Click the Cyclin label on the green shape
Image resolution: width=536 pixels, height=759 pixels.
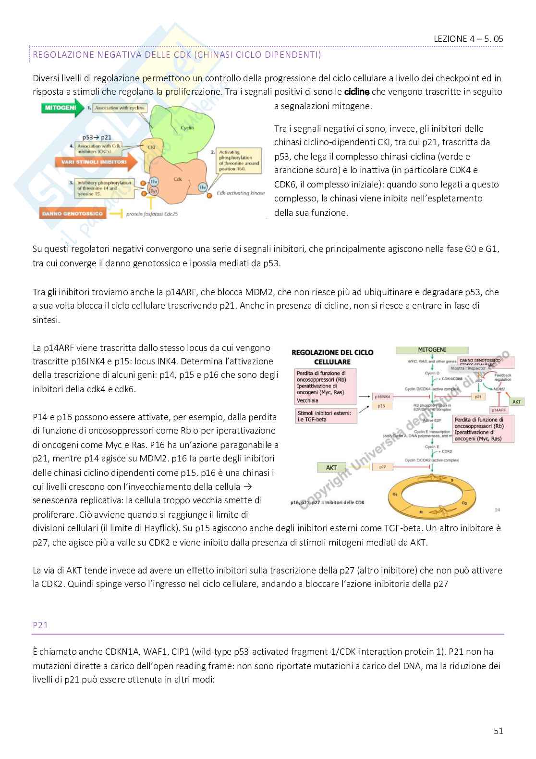pos(187,128)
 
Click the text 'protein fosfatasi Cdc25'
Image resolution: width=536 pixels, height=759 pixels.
pos(152,214)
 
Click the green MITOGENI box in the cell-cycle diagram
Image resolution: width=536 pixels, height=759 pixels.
pos(432,350)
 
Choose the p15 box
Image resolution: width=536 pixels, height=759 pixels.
pos(381,406)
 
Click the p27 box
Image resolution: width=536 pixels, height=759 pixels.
pos(383,467)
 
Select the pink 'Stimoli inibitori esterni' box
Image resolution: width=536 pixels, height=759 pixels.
pos(326,416)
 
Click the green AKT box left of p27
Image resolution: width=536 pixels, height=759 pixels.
pos(331,467)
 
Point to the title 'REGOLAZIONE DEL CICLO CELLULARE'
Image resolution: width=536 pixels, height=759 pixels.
pos(332,357)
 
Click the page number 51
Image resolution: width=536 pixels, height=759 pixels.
pos(498,731)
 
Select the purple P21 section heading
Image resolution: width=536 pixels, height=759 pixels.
pos(41,625)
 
